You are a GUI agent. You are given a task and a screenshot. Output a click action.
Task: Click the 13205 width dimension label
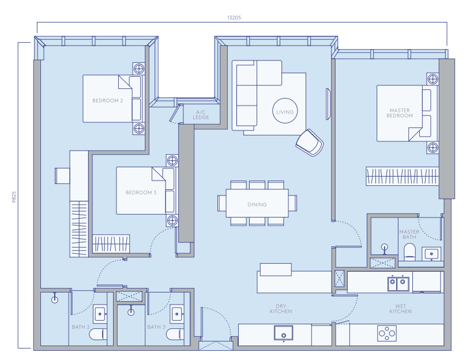[234, 17]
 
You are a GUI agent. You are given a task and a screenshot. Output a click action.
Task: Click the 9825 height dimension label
[14, 197]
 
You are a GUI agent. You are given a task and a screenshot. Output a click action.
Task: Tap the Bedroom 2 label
[108, 100]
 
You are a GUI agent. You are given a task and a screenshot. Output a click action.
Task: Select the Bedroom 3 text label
[141, 193]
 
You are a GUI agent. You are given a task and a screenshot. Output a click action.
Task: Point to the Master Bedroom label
[400, 113]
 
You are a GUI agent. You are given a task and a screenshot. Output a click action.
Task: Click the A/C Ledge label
[201, 115]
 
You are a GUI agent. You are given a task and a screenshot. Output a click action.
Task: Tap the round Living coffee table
[285, 111]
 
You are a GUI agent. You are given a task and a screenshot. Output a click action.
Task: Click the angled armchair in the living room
[309, 142]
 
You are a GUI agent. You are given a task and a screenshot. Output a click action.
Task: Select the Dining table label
[257, 204]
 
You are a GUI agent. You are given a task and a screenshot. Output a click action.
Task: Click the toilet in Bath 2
[98, 334]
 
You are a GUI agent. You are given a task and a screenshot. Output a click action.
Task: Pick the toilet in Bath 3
[175, 334]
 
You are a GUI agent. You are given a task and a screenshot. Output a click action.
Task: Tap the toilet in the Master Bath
[409, 252]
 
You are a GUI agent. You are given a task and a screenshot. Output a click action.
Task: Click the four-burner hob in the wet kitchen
[387, 333]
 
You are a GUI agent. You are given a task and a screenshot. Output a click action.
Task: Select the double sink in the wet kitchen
[397, 284]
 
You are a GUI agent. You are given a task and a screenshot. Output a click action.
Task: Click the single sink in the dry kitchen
[284, 333]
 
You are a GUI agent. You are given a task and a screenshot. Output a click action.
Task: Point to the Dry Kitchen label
[281, 309]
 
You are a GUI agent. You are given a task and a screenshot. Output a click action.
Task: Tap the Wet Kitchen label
[400, 309]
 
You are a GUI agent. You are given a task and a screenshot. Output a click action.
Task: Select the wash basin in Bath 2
[100, 314]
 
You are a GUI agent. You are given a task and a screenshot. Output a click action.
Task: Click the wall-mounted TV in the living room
[329, 104]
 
